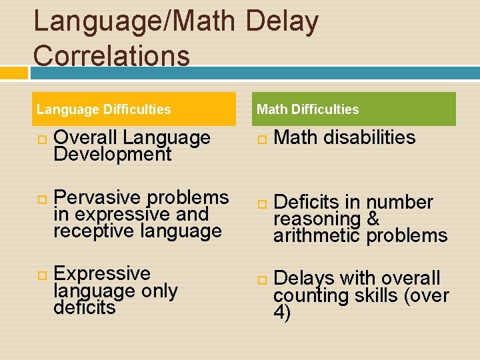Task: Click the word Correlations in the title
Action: tap(111, 55)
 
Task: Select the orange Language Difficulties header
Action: tap(134, 109)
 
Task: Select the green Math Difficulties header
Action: tap(355, 109)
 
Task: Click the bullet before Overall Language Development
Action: tap(42, 139)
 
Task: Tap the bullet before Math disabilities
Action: tap(263, 139)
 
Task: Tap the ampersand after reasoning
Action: tap(373, 219)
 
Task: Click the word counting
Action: tap(311, 295)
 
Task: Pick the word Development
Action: tap(113, 155)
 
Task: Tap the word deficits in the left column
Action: tap(85, 308)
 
